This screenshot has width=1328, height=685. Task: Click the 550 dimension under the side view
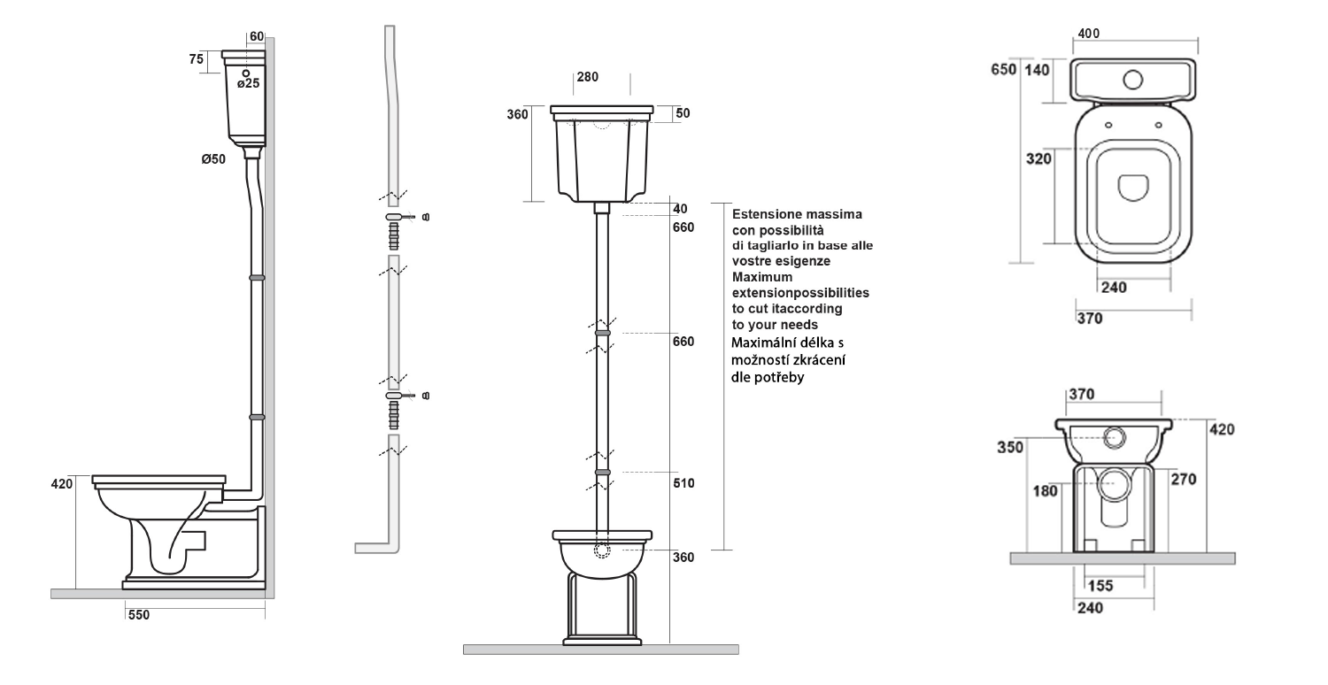tap(139, 615)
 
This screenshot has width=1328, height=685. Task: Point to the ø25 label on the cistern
tap(249, 83)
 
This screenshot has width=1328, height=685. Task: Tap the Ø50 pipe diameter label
tap(213, 158)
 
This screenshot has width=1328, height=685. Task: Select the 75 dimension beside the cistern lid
tap(197, 59)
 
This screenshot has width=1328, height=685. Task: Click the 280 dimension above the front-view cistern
tap(588, 77)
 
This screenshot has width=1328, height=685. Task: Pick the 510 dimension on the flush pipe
tap(683, 483)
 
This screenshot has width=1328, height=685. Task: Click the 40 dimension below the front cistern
tap(680, 209)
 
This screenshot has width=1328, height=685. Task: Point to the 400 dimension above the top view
tap(1088, 34)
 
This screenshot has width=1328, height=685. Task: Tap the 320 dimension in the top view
tap(1038, 158)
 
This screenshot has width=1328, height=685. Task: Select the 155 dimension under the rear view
tap(1100, 586)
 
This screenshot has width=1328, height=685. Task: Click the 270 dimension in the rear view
tap(1184, 480)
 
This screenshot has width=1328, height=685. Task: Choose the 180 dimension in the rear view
tap(1045, 491)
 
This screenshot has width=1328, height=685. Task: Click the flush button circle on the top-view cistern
tap(1133, 80)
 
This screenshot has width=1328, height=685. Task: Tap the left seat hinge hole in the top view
tap(1108, 125)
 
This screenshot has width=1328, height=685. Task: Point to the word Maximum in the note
tap(761, 277)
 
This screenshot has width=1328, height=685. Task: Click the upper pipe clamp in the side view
tap(257, 277)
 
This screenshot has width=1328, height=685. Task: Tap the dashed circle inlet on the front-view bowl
tap(602, 550)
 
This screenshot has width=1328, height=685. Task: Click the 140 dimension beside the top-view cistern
tap(1037, 70)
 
